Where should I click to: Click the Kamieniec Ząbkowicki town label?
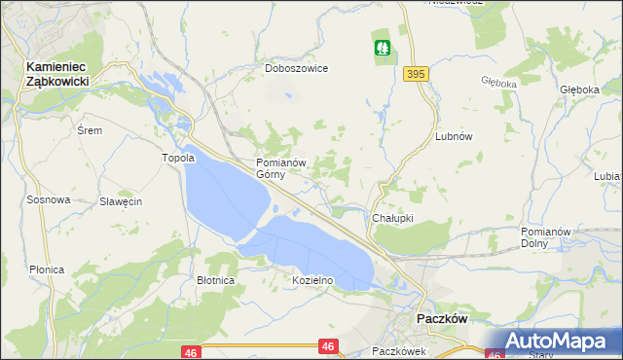tap(57, 74)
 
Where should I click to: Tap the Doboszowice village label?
tap(296, 69)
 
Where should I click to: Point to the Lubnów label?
tap(454, 137)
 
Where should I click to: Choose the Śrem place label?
tap(89, 129)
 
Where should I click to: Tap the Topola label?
tap(178, 158)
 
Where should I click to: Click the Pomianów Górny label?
tap(281, 168)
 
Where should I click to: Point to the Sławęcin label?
tap(122, 201)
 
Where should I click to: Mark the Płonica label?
tap(47, 270)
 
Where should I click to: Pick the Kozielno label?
tap(312, 280)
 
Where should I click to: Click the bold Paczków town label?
tap(443, 318)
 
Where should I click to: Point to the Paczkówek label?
tap(399, 350)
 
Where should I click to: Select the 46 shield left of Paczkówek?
tap(328, 345)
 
